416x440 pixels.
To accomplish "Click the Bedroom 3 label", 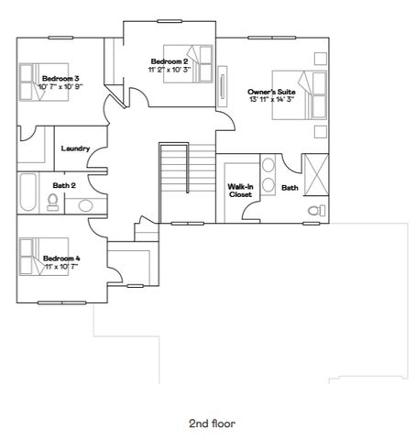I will pyautogui.click(x=60, y=79).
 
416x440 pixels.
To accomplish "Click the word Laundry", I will pyautogui.click(x=73, y=148).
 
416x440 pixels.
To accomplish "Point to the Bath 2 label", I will pyautogui.click(x=63, y=185).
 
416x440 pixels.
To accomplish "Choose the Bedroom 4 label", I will pyautogui.click(x=61, y=258).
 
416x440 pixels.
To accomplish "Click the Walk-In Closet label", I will pyautogui.click(x=240, y=190).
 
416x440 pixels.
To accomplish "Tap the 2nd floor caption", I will pyautogui.click(x=212, y=423).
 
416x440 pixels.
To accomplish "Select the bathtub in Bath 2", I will pyautogui.click(x=27, y=192).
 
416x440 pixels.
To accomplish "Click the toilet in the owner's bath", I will pyautogui.click(x=316, y=211).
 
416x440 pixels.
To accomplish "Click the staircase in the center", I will pyautogui.click(x=174, y=181).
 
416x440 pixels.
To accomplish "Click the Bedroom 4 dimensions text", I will pyautogui.click(x=60, y=267).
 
